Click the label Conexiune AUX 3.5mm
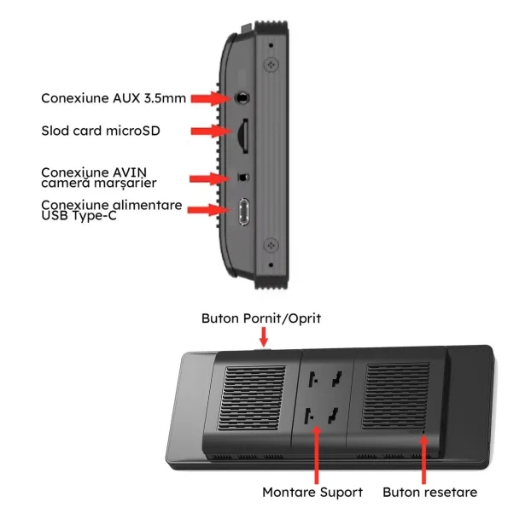click(x=114, y=98)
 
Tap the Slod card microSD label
click(x=101, y=131)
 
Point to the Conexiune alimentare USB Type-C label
click(x=111, y=209)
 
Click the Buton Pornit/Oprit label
click(x=261, y=318)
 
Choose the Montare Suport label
click(x=312, y=492)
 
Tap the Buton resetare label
click(x=429, y=492)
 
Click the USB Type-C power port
click(x=243, y=211)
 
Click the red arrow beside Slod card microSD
click(x=207, y=131)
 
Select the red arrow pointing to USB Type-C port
click(x=207, y=210)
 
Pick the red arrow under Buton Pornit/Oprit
click(x=262, y=337)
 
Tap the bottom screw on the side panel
click(x=272, y=245)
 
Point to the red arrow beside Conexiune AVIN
click(x=207, y=178)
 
